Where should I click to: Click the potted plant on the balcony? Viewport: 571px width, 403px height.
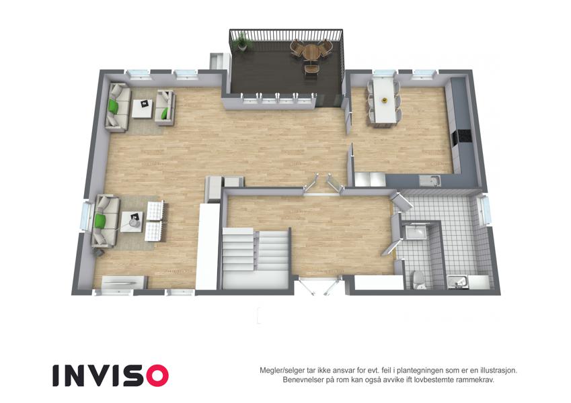coord(241,41)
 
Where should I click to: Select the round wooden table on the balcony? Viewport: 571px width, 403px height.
coord(311,52)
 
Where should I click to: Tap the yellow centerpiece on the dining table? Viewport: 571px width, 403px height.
coord(383,99)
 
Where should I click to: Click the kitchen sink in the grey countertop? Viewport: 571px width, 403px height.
coord(430,181)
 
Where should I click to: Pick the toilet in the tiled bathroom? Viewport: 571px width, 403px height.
coord(420,279)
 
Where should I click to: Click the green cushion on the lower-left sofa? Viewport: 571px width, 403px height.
coord(100,221)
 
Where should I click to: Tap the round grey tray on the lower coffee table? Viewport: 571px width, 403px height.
coord(135,223)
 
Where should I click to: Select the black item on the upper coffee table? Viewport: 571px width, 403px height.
coord(145,103)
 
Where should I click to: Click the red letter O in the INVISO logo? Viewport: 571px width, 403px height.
coord(157,375)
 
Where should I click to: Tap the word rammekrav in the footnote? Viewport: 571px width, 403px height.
coord(476,380)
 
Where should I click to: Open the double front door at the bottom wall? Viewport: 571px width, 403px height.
coord(320,285)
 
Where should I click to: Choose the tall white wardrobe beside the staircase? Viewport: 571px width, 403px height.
coord(208,247)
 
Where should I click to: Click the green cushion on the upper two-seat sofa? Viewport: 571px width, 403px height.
coord(165,113)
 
